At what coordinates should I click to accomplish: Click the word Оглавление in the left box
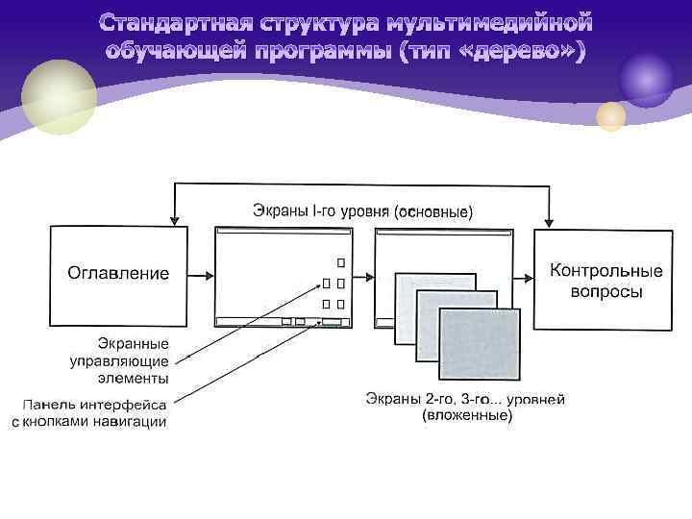point(117,273)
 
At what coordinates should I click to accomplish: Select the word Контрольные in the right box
point(593,272)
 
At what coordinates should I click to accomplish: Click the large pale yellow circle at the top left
point(60,96)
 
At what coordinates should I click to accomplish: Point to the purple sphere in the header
point(646,80)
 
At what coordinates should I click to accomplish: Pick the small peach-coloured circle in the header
point(610,116)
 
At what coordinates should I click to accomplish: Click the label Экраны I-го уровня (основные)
point(362,210)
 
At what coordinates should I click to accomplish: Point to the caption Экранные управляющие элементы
point(119,361)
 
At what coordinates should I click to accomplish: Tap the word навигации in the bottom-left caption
point(132,422)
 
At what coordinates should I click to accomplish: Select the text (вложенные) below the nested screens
point(467,416)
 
